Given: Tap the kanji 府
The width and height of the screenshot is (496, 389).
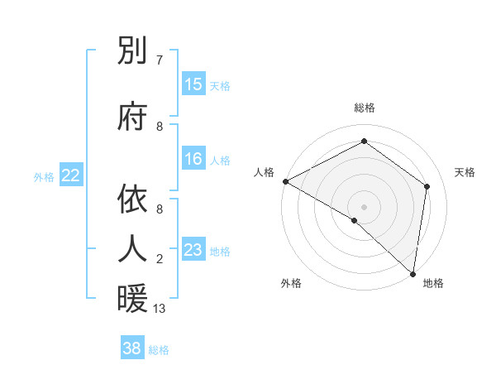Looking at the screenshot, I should tap(132, 118).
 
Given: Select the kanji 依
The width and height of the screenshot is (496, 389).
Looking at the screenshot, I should tap(132, 199).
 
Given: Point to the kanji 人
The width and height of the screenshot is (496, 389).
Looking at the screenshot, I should tap(132, 248).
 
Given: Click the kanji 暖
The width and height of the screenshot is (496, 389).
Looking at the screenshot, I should tap(132, 299).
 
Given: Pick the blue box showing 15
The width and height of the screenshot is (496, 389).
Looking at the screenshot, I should tap(193, 84).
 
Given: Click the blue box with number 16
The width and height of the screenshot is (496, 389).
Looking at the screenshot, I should tap(193, 159).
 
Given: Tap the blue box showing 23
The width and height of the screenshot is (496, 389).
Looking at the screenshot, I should tap(193, 250).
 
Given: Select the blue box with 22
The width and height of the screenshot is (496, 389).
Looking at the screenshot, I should tap(71, 175).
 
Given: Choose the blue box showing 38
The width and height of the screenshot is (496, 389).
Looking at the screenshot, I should tap(132, 348).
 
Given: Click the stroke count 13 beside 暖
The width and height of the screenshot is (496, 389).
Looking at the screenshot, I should tap(160, 309).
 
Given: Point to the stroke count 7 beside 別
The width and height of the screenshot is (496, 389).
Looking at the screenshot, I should tap(160, 60).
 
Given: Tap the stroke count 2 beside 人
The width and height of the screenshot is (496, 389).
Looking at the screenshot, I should tap(160, 259).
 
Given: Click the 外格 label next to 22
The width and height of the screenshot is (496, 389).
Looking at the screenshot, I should tap(44, 176).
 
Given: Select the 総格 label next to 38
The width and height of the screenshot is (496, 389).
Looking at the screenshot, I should tap(159, 350).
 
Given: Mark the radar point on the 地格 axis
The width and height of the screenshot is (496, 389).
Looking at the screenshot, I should tap(413, 273).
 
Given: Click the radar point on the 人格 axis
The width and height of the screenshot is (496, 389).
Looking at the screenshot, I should tap(285, 181).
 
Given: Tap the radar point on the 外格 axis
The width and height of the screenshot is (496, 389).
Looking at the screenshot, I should tap(355, 220).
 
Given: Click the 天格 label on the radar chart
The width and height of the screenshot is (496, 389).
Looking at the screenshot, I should tap(465, 172).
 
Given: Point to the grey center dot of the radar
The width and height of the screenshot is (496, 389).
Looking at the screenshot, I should tap(364, 206).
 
